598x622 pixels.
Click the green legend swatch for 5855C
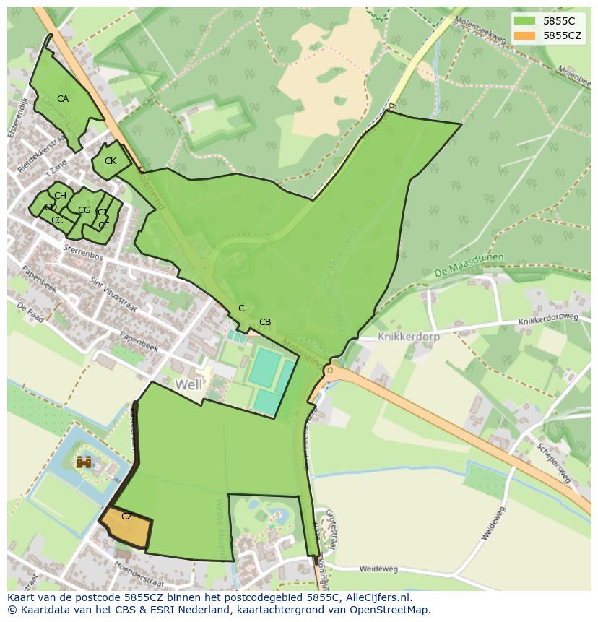[x=525, y=20]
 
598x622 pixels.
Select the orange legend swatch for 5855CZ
[x=525, y=35]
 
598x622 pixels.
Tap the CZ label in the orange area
[x=127, y=517]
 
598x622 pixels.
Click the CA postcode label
[x=63, y=99]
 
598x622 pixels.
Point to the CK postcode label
[x=110, y=161]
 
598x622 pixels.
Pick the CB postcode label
[x=265, y=322]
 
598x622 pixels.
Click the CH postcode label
[x=60, y=196]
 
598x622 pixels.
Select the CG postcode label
[x=84, y=210]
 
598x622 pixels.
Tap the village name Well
[x=188, y=384]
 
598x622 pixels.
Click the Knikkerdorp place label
[x=408, y=337]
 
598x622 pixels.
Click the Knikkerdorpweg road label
[x=549, y=319]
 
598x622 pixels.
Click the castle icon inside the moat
[x=84, y=462]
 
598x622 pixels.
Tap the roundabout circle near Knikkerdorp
[x=330, y=371]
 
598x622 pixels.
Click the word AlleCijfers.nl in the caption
[x=376, y=597]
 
